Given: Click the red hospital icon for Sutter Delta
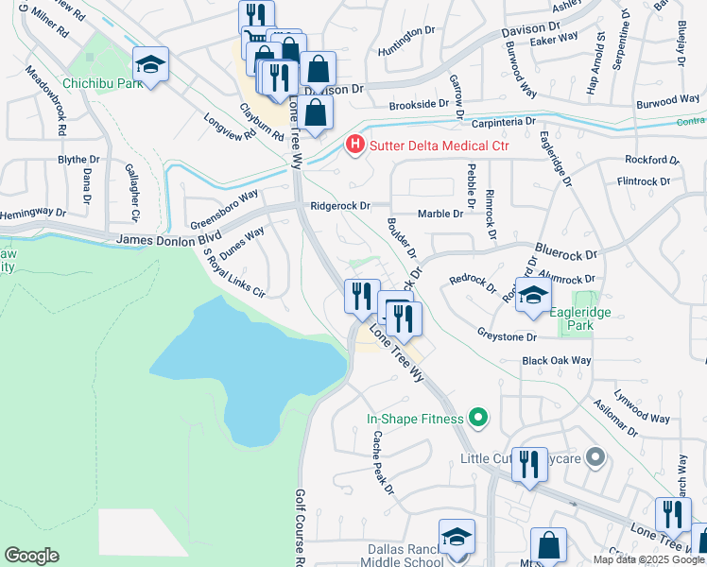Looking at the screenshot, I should coord(354,145).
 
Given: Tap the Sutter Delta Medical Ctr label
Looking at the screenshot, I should coord(438,145).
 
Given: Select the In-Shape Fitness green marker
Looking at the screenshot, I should coord(477,417).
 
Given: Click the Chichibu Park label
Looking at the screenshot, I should coord(102,83).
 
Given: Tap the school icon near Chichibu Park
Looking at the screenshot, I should coord(150,64).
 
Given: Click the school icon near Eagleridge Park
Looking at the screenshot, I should coord(533,295).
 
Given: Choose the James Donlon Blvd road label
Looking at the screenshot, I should coord(168,240).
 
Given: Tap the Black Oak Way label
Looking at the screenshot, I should coord(556,361).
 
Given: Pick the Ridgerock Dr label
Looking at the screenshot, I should coord(338,205).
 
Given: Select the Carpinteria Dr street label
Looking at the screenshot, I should coord(503,122).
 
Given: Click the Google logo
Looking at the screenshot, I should coord(31,556).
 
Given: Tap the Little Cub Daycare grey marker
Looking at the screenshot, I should coord(595,458).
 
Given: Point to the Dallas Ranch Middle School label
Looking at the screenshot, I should coord(405,555).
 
